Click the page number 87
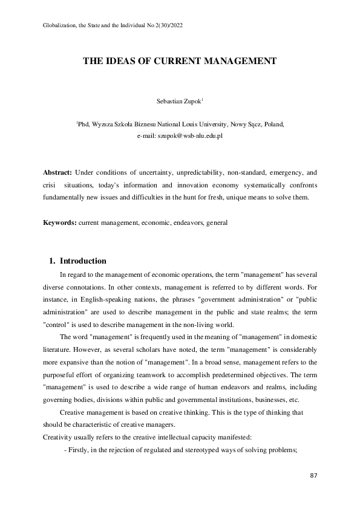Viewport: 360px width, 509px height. (x=313, y=476)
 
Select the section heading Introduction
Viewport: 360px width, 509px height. (x=83, y=261)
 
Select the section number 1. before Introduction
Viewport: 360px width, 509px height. (x=52, y=261)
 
